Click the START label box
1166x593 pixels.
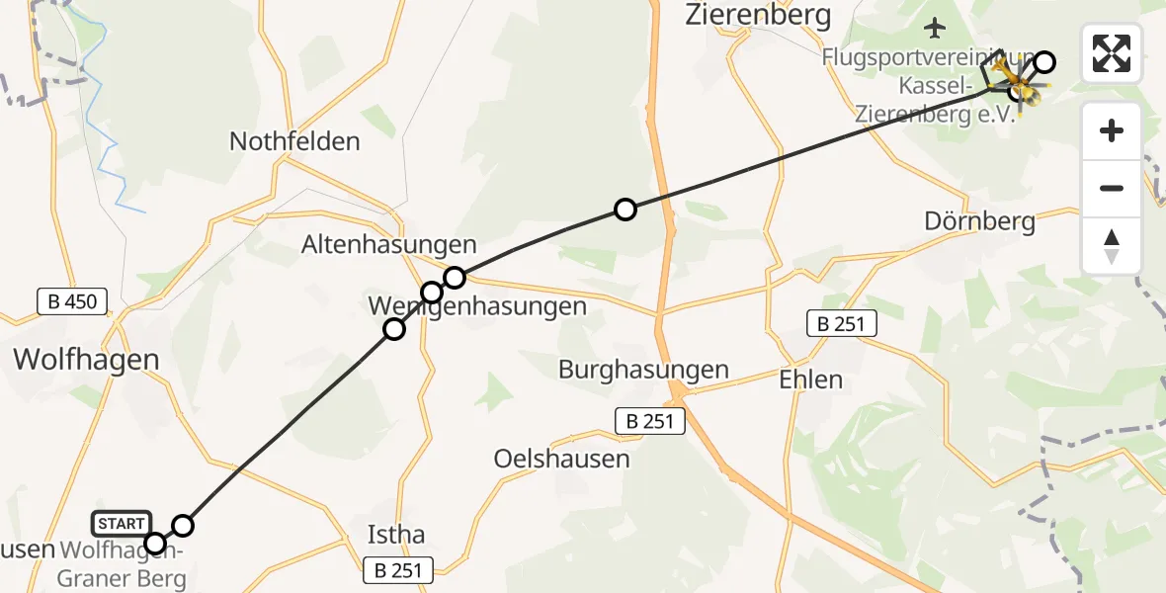point(122,523)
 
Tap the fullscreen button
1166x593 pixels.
point(1112,53)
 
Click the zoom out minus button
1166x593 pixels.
point(1112,188)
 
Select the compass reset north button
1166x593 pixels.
point(1112,246)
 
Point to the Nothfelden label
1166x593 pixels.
point(294,141)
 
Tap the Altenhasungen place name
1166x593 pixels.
point(389,244)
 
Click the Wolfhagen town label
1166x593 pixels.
point(87,359)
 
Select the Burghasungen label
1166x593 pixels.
point(643,371)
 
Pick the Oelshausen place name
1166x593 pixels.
point(561,459)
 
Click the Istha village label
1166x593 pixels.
point(395,535)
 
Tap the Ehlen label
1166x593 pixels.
point(810,380)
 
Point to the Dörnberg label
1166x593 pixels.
point(979,220)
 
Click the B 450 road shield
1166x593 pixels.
point(72,301)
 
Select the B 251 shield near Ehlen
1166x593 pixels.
point(840,323)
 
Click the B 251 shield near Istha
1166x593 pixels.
point(399,570)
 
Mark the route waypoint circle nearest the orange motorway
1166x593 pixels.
point(625,209)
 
